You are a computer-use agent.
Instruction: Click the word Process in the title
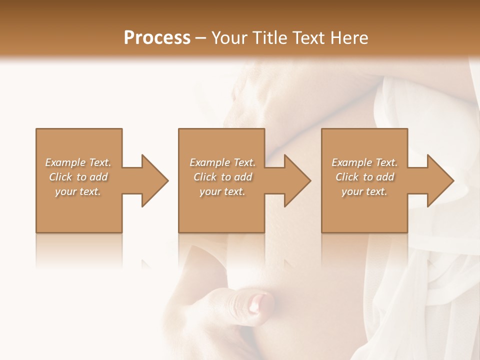point(157,38)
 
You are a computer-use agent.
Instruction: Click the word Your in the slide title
point(228,38)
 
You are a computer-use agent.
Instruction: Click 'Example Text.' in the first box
point(78,162)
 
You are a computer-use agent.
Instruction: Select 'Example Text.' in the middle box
point(222,162)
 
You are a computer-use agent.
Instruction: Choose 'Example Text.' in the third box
point(364,162)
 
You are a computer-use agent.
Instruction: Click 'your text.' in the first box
point(78,191)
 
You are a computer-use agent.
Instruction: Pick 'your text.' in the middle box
point(222,191)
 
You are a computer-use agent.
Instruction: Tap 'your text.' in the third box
point(364,191)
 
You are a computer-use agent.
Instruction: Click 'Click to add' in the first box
point(78,177)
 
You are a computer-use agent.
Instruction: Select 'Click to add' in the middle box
point(222,177)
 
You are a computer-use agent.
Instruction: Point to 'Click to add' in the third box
point(364,177)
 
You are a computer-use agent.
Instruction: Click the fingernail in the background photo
point(260,302)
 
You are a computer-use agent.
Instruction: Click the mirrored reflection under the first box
point(78,250)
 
